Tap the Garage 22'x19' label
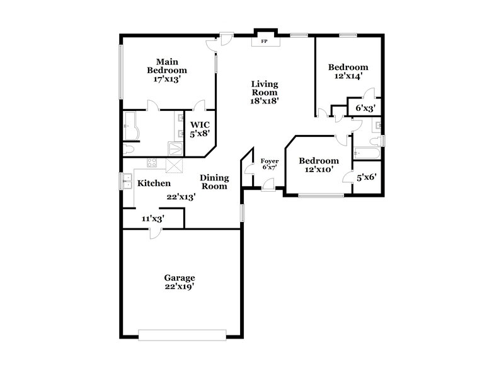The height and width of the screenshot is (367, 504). pyautogui.click(x=180, y=282)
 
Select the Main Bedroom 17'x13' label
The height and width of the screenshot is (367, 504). pyautogui.click(x=167, y=71)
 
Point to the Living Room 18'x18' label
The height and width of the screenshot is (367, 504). pyautogui.click(x=265, y=91)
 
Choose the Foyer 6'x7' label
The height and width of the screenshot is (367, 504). pyautogui.click(x=270, y=164)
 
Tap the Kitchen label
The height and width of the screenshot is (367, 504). pyautogui.click(x=154, y=183)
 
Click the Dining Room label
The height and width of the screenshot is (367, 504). pyautogui.click(x=214, y=182)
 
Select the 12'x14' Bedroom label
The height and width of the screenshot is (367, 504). pyautogui.click(x=348, y=71)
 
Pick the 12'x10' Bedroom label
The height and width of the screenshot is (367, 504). pyautogui.click(x=318, y=165)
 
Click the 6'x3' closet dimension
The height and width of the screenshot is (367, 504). pyautogui.click(x=365, y=108)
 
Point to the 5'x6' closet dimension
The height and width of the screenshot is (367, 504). pyautogui.click(x=367, y=178)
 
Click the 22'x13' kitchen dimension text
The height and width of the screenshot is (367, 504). pyautogui.click(x=181, y=197)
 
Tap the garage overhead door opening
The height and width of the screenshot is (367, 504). pyautogui.click(x=182, y=333)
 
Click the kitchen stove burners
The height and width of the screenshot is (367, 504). pyautogui.click(x=152, y=164)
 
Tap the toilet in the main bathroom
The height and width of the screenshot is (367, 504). pyautogui.click(x=128, y=149)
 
